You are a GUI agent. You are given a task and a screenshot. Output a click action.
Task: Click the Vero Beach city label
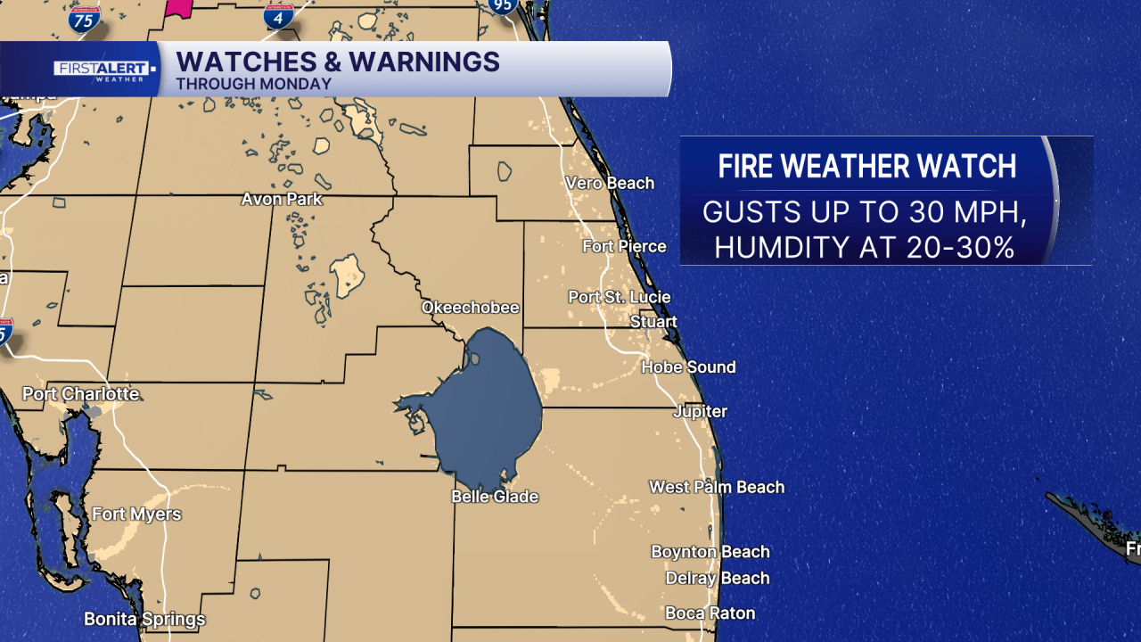click(x=610, y=183)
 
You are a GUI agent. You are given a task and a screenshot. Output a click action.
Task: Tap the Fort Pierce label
click(x=624, y=246)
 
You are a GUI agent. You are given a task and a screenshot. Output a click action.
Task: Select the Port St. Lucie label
click(x=620, y=297)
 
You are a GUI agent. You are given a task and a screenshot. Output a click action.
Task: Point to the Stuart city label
click(x=653, y=322)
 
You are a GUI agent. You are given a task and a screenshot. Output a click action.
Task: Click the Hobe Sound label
click(x=688, y=366)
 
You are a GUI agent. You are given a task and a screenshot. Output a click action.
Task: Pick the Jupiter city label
click(x=700, y=411)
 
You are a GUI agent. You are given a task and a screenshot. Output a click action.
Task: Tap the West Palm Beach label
click(x=717, y=487)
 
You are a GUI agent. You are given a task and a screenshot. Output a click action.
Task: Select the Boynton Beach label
click(x=710, y=552)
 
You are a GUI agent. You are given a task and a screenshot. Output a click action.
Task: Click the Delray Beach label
click(x=717, y=578)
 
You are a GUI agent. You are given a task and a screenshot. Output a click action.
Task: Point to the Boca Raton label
click(x=710, y=613)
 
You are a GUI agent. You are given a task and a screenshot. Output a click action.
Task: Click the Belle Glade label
click(x=495, y=497)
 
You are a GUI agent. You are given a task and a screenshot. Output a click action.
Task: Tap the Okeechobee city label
click(x=470, y=308)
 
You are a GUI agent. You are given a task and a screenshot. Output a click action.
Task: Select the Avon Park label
click(x=282, y=199)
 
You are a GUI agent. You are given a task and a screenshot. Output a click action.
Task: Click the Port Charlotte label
click(x=80, y=393)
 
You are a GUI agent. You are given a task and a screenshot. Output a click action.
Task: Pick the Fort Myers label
click(x=136, y=514)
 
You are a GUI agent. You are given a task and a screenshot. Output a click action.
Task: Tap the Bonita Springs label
click(x=144, y=619)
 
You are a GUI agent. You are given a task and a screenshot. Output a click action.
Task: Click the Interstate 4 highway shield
click(x=280, y=14)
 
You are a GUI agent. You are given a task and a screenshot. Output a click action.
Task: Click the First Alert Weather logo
click(x=105, y=70)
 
